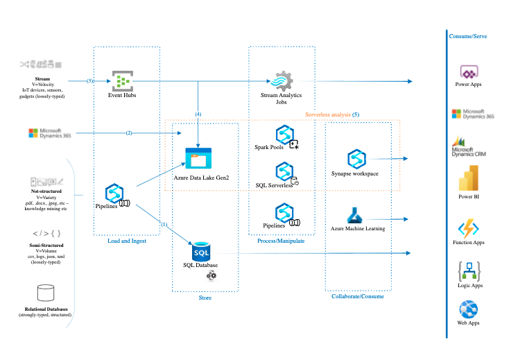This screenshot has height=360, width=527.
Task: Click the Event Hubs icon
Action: pos(123,81)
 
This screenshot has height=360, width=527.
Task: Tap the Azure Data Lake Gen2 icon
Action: pos(198,159)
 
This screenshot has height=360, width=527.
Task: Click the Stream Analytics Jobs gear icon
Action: pos(283,82)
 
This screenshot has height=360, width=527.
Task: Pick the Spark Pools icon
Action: pos(284,135)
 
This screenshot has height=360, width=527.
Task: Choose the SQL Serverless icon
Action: pos(284,172)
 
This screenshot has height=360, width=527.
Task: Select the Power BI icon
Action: pos(468,180)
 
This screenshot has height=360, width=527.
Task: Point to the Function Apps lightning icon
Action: pos(468,230)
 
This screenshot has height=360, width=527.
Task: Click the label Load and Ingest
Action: pos(127,241)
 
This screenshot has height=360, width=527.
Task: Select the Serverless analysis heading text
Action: pos(332,113)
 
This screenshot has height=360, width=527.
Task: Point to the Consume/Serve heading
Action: pos(469,35)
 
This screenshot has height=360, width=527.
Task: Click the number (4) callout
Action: pos(199,113)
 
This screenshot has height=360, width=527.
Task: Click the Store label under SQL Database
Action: pos(205,298)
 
